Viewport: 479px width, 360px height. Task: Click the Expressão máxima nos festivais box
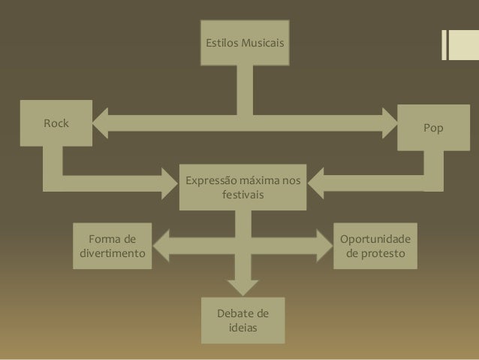click(243, 187)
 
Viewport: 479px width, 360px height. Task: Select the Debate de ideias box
click(243, 319)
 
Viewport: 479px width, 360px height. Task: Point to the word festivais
click(243, 195)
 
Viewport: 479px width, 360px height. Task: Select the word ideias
click(243, 327)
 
